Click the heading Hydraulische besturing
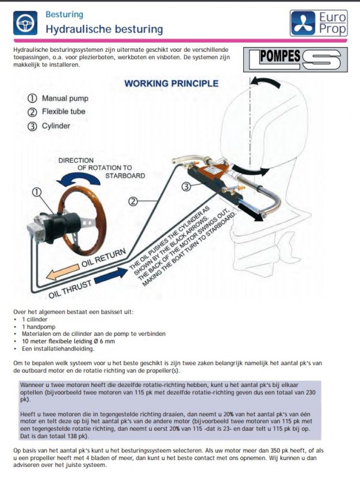pyautogui.click(x=104, y=29)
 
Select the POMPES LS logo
pyautogui.click(x=292, y=59)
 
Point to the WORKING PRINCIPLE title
pyautogui.click(x=171, y=84)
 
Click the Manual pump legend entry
pyautogui.click(x=59, y=99)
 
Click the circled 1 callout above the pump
pyautogui.click(x=36, y=192)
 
